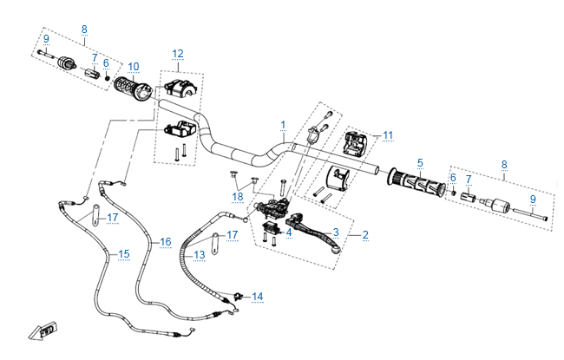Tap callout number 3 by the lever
click(x=335, y=232)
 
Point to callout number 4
click(x=289, y=232)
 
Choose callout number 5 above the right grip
click(x=420, y=162)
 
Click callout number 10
click(x=133, y=67)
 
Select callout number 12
click(x=177, y=54)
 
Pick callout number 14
click(x=257, y=297)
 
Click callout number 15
click(x=124, y=254)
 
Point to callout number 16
click(x=166, y=242)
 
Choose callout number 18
click(x=237, y=196)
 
